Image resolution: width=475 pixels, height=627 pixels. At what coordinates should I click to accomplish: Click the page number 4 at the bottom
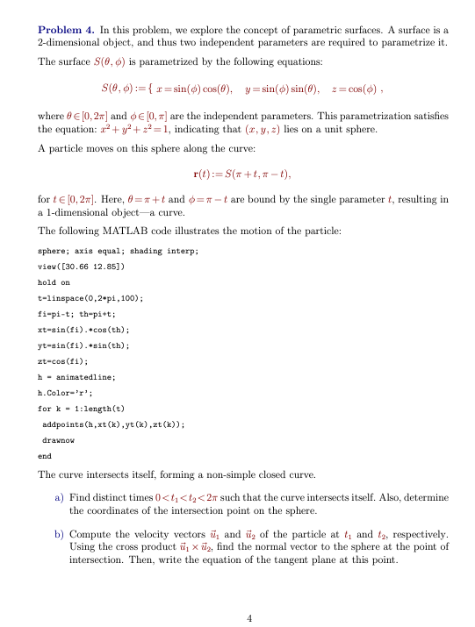(249, 618)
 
